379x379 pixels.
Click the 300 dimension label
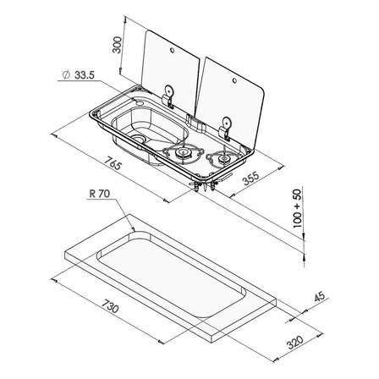[117, 45]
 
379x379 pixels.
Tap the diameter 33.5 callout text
[78, 75]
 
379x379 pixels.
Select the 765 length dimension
[113, 163]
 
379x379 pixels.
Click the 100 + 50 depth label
[298, 208]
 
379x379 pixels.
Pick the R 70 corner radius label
[100, 194]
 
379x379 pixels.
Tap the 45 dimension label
[319, 297]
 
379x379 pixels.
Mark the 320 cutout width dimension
[295, 343]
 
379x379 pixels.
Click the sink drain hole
[138, 139]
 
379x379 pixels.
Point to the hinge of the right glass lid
[225, 128]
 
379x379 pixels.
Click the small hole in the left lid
[172, 51]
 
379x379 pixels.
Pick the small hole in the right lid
[234, 81]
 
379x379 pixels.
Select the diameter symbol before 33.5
[66, 75]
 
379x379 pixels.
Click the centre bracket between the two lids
[196, 122]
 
